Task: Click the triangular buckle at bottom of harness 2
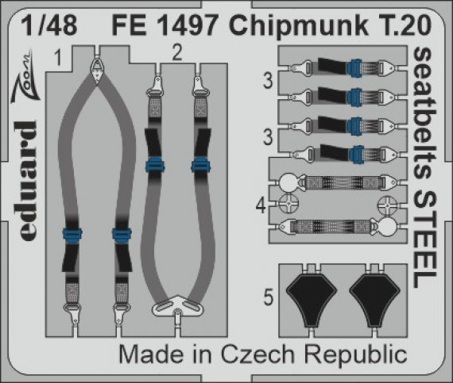click(173, 306)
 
